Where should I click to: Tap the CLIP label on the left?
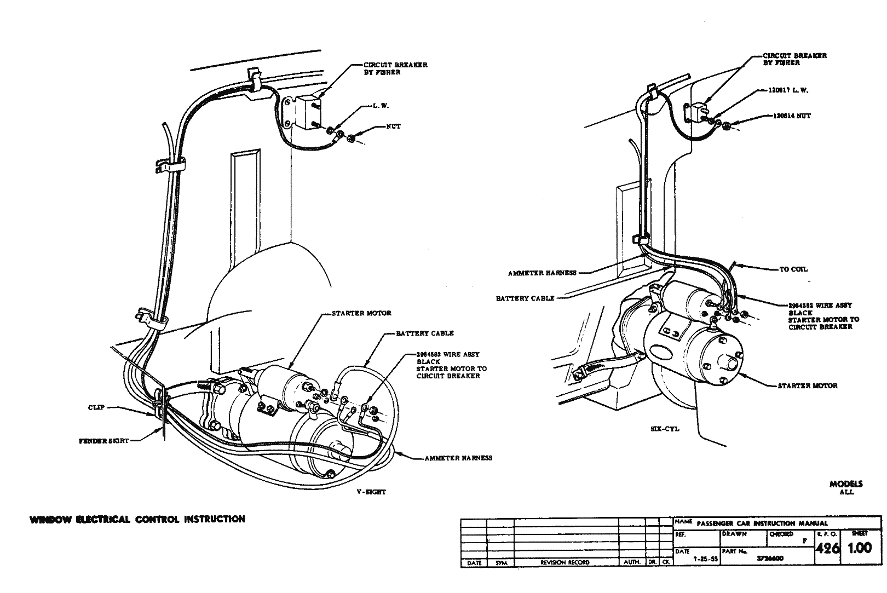[x=96, y=407]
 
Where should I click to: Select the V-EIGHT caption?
[x=371, y=492]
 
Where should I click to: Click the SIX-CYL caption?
[x=666, y=429]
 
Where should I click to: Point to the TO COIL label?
[x=793, y=269]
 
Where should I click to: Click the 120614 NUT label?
[x=792, y=116]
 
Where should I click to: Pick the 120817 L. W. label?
[x=790, y=90]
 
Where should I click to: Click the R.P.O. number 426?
[x=827, y=549]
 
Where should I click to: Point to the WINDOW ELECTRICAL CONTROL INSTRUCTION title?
[x=137, y=519]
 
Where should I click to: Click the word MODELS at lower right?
[x=846, y=483]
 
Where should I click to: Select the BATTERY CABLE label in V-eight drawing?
[x=425, y=333]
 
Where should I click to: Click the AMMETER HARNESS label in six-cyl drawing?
[x=542, y=273]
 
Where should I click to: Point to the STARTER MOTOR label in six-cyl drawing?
[x=808, y=385]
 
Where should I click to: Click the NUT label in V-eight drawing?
[x=393, y=126]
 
